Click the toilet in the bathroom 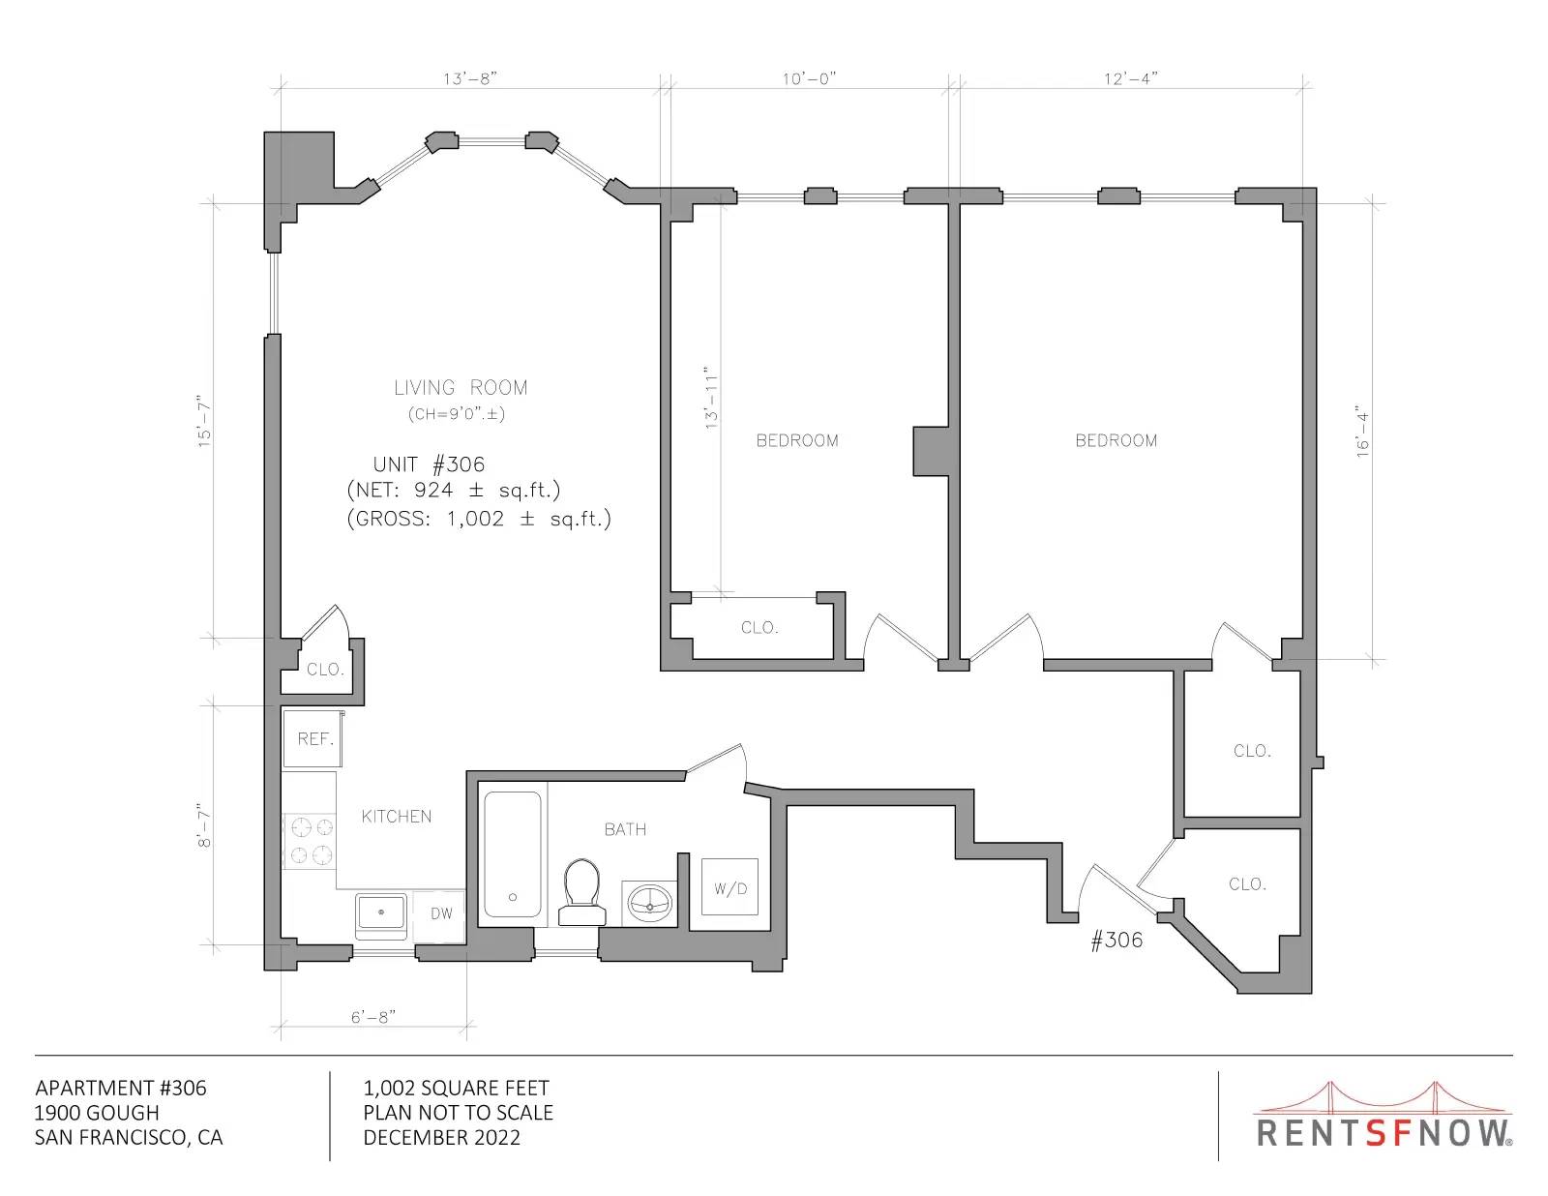coord(582,892)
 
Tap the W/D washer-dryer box coord(729,887)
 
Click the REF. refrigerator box coord(313,738)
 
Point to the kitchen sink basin coord(381,914)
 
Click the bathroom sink coord(649,903)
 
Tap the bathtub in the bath coord(512,854)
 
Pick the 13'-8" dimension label coord(469,78)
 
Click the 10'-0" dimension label coord(809,78)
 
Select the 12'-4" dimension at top coord(1131,78)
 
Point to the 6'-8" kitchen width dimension coord(373,1016)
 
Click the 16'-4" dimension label coord(1362,431)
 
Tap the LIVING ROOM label coord(461,387)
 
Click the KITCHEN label coord(396,817)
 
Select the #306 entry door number coord(1116,941)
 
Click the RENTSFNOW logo coord(1383,1115)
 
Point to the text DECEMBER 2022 coord(442,1138)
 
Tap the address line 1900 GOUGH coord(97,1113)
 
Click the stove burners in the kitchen coord(310,841)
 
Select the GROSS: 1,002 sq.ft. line coord(479,519)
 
